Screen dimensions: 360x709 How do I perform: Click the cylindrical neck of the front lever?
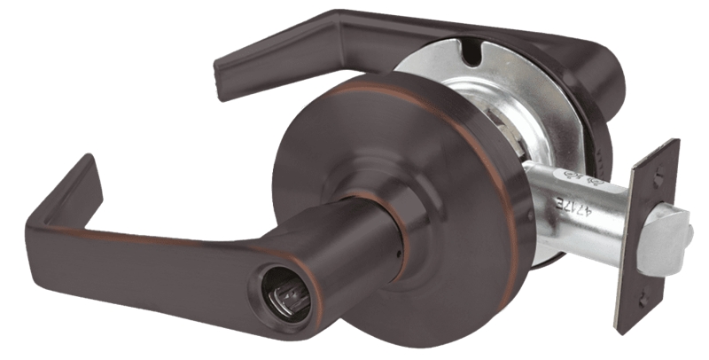(x=354, y=248)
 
